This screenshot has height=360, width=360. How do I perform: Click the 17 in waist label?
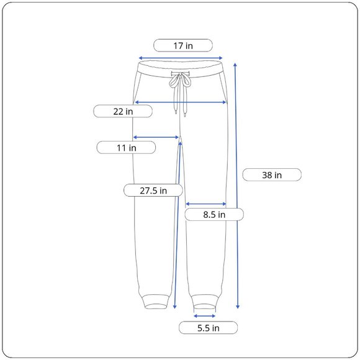tap(183, 46)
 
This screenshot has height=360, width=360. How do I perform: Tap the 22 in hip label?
tap(123, 111)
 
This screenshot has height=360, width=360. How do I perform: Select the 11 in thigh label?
tap(126, 148)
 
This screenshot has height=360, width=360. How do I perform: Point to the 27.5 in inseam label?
tap(153, 191)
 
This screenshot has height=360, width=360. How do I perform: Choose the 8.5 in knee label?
tap(214, 214)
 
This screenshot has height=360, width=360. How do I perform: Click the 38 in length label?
tap(272, 175)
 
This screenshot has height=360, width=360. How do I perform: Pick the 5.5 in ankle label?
tap(208, 328)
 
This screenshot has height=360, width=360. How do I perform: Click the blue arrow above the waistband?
tap(181, 58)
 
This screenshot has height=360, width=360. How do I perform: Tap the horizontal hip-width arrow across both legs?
tap(181, 102)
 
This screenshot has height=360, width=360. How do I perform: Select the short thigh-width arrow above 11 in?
tap(156, 137)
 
